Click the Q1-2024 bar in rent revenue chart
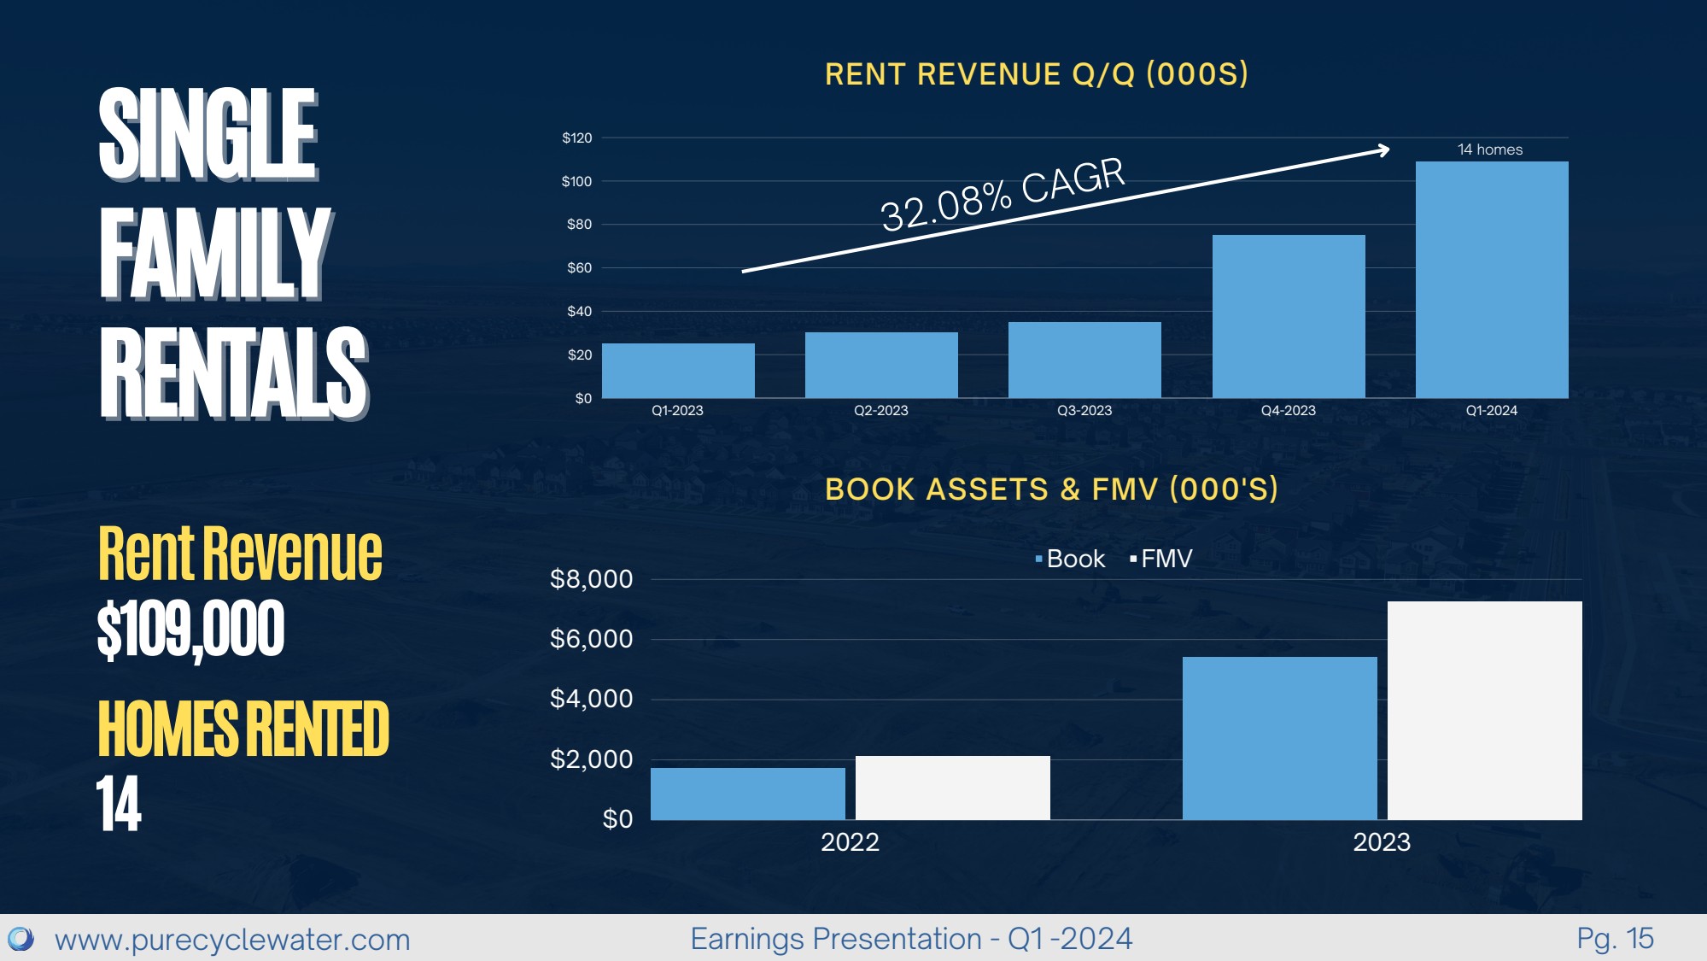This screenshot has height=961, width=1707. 1491,280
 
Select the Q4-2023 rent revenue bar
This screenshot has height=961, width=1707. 1288,316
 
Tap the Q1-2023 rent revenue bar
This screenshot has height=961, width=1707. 678,371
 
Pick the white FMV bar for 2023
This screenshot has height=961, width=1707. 1484,711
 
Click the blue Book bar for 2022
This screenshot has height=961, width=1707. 747,794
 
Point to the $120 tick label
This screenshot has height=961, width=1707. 576,138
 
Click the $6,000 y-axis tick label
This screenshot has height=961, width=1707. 591,639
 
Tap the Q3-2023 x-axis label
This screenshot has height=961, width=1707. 1084,411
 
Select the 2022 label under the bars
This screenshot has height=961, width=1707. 850,842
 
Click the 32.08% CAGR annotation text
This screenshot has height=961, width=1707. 1003,195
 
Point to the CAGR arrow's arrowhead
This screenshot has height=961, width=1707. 1383,150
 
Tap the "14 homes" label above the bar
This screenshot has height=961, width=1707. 1489,149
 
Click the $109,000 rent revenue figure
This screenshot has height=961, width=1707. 190,630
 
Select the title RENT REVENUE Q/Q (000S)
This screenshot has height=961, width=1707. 1036,74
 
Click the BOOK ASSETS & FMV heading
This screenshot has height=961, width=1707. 1050,489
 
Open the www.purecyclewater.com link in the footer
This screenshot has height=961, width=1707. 232,940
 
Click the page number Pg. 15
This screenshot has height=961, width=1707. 1615,939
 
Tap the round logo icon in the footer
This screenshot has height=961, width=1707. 20,940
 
